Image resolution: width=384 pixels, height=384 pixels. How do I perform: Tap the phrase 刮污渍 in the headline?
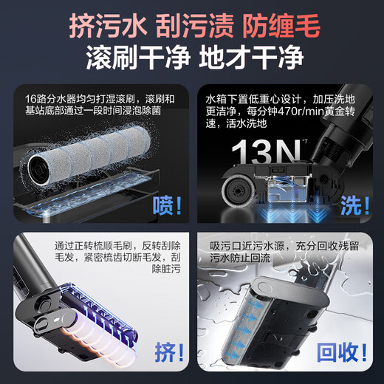[191, 27]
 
